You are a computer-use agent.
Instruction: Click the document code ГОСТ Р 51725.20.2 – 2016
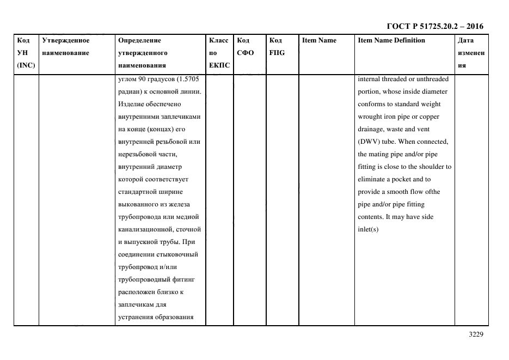click(434, 26)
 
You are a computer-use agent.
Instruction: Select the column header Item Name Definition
click(391, 40)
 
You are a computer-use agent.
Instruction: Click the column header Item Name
click(319, 40)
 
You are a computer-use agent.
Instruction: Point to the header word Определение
click(139, 40)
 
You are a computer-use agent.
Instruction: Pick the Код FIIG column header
click(277, 47)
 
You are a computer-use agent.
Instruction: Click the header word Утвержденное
click(65, 40)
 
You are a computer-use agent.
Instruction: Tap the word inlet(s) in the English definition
click(368, 229)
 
